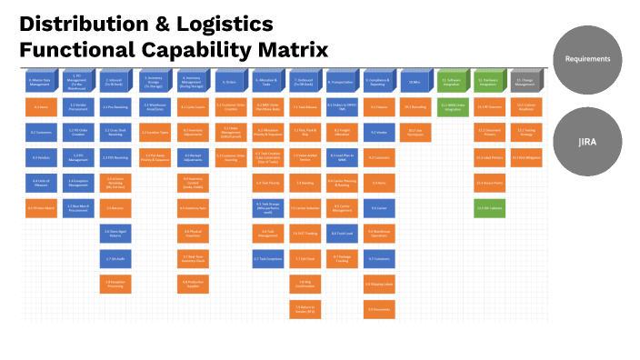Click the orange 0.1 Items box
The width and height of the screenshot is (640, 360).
click(40, 107)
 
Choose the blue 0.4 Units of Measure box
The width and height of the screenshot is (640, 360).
click(40, 183)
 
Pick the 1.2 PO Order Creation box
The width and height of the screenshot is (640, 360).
click(77, 133)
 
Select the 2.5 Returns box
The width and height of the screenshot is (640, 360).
click(115, 208)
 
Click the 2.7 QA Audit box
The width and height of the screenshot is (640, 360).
click(115, 259)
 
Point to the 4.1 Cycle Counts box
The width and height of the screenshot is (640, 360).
click(193, 107)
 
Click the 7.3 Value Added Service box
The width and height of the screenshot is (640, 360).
click(305, 157)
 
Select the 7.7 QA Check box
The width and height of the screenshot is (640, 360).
click(305, 259)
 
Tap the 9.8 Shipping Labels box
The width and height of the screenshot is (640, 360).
click(380, 285)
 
